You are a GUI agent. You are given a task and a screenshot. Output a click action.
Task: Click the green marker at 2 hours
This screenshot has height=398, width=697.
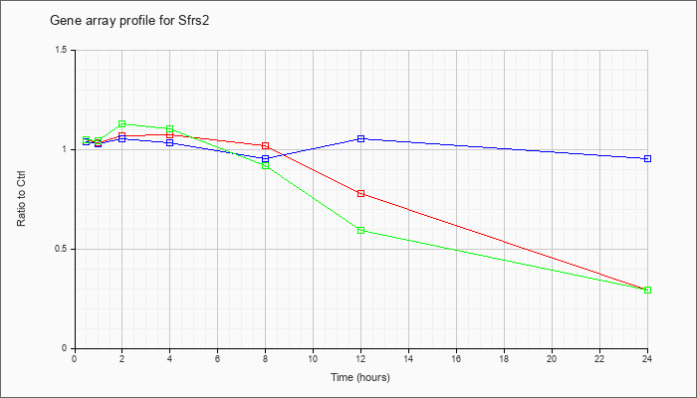(x=121, y=124)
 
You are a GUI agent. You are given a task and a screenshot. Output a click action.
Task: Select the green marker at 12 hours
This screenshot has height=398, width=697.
(x=360, y=230)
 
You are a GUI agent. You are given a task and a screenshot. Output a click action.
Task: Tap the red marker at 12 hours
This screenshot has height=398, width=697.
(x=360, y=194)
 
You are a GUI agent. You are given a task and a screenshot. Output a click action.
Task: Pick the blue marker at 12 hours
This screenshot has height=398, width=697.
(x=360, y=138)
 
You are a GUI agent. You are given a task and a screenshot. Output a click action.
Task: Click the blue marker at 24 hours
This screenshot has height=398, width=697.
(x=647, y=158)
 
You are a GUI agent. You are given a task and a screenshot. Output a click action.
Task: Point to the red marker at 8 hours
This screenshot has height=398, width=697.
(x=266, y=145)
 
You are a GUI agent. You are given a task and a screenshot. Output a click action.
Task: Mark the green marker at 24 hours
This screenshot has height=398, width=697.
(x=647, y=291)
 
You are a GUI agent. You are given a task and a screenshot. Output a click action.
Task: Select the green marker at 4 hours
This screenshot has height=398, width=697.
(x=170, y=128)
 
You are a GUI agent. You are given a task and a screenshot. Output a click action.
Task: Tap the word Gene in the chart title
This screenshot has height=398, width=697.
(x=62, y=21)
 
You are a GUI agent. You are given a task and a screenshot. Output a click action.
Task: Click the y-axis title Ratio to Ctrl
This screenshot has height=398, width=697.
(x=21, y=198)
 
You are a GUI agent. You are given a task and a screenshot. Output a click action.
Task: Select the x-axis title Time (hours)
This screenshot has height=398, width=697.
(x=360, y=377)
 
